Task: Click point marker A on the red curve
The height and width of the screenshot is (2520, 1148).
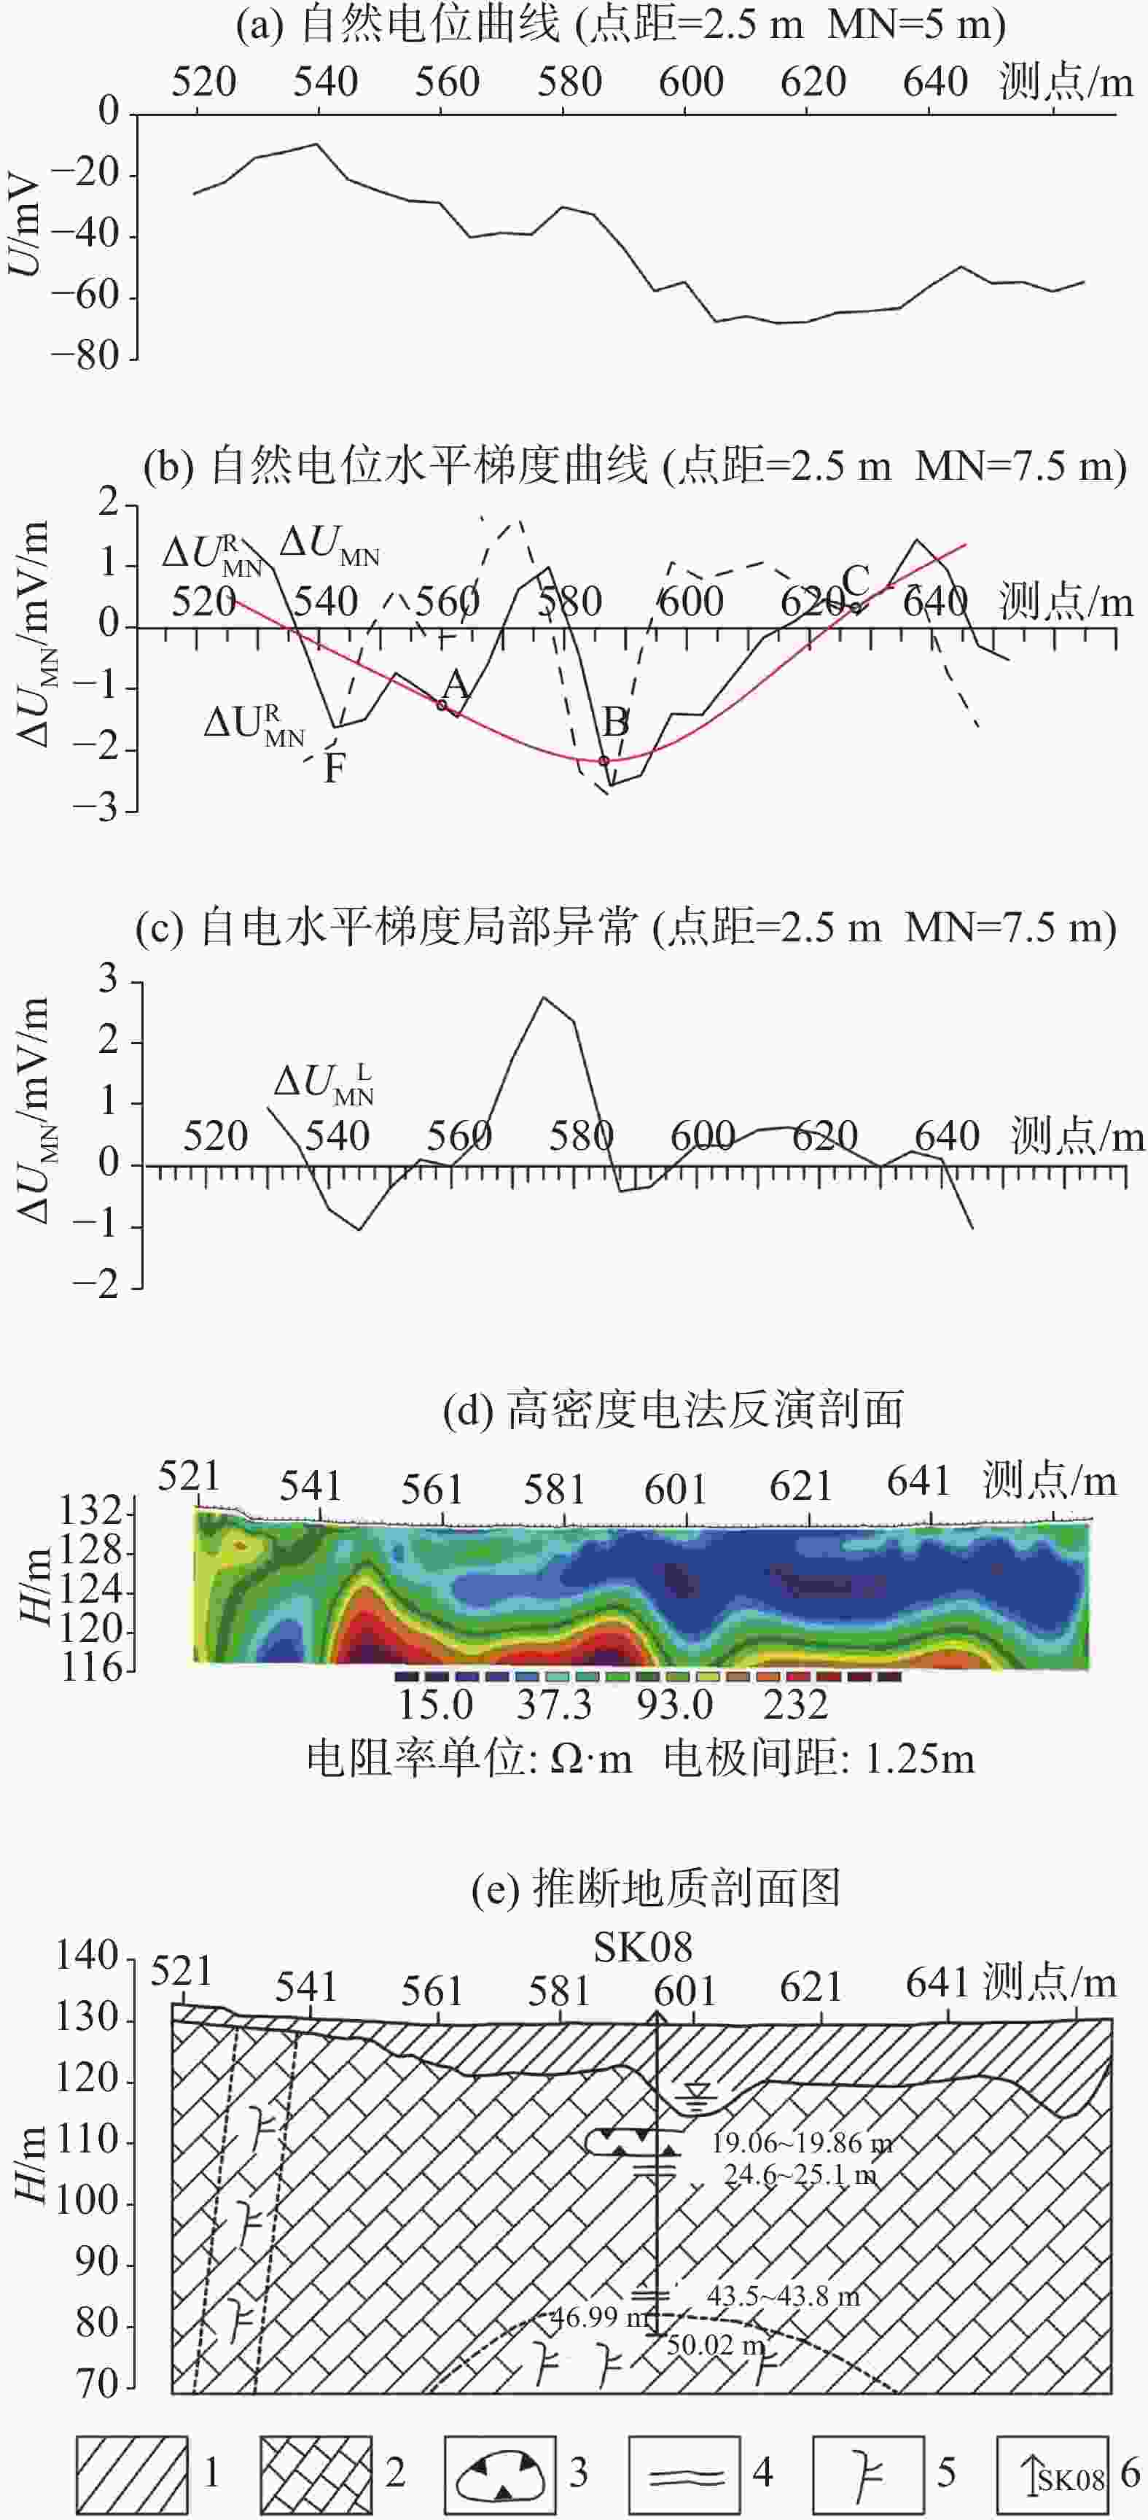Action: point(442,704)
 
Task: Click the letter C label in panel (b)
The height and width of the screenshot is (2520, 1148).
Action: point(855,580)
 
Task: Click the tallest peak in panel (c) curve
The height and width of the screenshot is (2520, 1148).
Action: point(544,997)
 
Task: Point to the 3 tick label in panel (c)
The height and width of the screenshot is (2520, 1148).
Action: point(108,979)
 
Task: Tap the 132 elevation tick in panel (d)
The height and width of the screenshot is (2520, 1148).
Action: point(93,1512)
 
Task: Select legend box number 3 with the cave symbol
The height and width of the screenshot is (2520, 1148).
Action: point(500,2471)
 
